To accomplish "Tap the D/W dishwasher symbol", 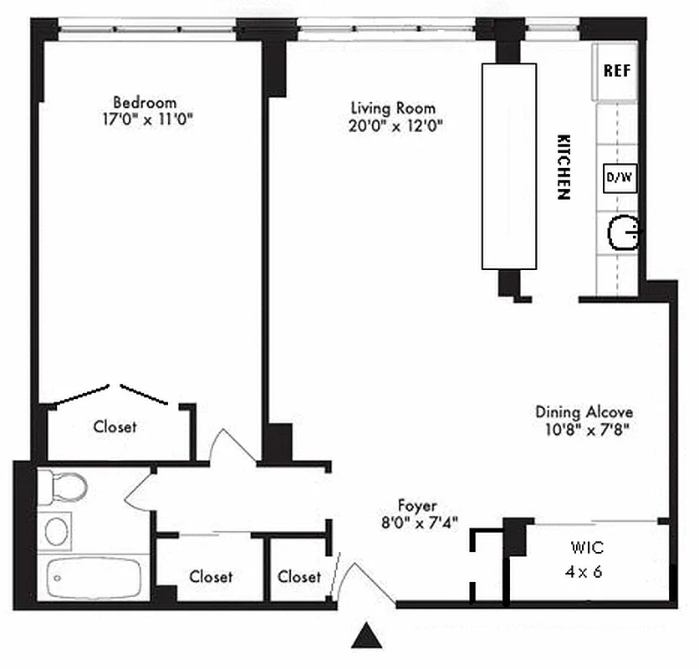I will point(620,177).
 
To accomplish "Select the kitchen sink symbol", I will point(623,232).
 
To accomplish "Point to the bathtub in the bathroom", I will point(93,577).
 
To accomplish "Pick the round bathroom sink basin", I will point(57,530).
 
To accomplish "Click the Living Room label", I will point(393,109).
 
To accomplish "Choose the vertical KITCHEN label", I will point(564,166).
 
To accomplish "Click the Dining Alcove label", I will point(584,412).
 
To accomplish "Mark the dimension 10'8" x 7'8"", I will point(584,430).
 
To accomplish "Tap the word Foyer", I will point(417,505).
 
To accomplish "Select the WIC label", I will point(587,549).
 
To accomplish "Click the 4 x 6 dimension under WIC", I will point(587,573).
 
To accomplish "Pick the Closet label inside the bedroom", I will point(115,426).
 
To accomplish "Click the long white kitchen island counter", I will point(508,166).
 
